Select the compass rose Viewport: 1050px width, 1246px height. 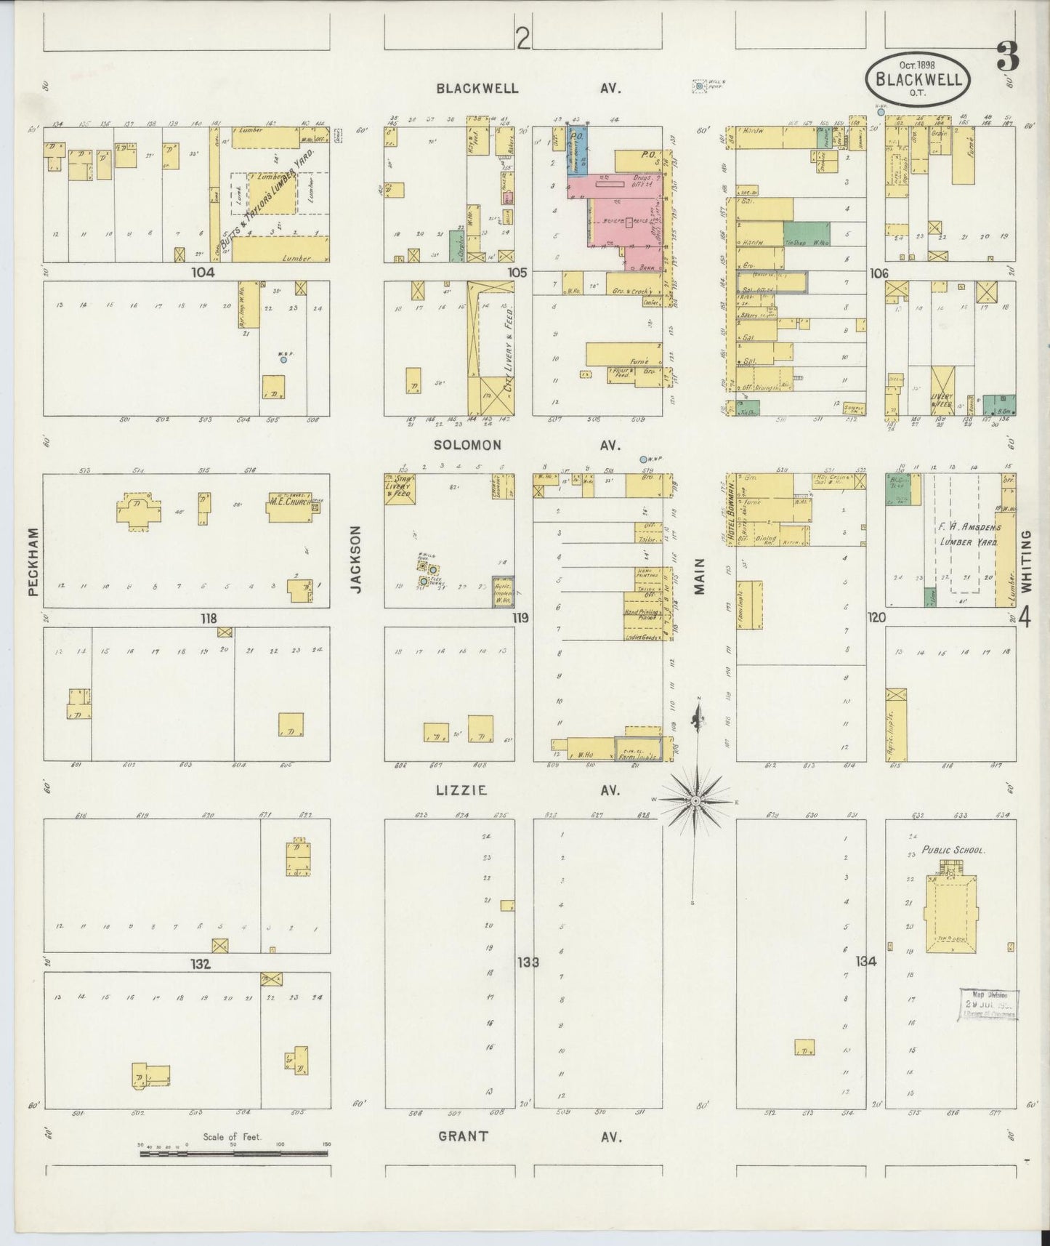point(695,800)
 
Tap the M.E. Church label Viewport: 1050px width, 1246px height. point(288,502)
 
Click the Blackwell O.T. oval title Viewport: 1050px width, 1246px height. point(918,77)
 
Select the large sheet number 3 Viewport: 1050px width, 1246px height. point(1007,57)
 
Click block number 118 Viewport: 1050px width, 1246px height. point(209,619)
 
